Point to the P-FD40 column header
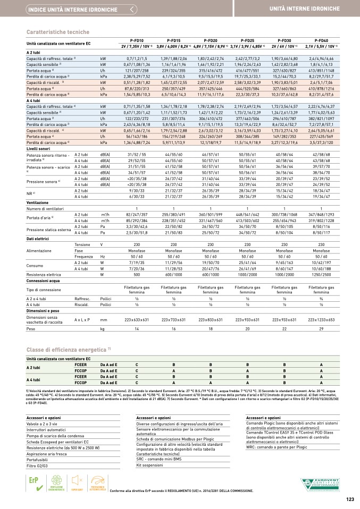pyautogui.click(x=321, y=40)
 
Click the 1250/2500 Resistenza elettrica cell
pyautogui.click(x=321, y=274)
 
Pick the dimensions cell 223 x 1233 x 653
pyautogui.click(x=321, y=320)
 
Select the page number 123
pyautogui.click(x=349, y=499)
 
